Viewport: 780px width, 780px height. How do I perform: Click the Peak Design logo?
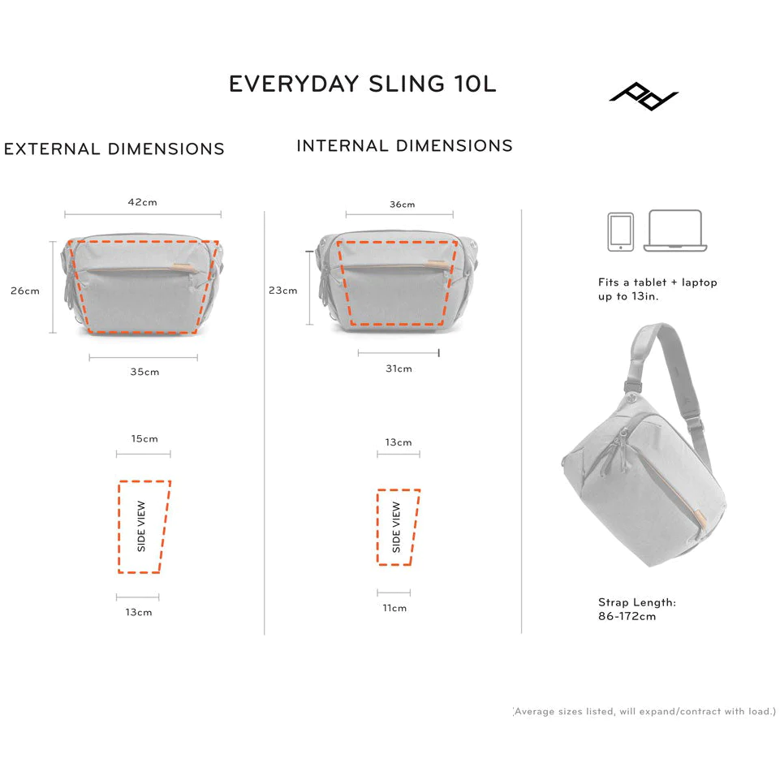[x=644, y=96]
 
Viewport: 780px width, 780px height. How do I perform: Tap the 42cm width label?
[x=142, y=202]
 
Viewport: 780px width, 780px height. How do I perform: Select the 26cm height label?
[x=25, y=291]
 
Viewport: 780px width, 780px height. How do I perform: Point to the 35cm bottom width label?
[x=144, y=372]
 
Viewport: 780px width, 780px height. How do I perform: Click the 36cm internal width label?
[x=402, y=205]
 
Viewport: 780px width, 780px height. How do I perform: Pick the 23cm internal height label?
[x=283, y=291]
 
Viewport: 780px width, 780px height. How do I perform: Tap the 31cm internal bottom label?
[x=399, y=368]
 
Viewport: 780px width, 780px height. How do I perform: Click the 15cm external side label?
[x=144, y=439]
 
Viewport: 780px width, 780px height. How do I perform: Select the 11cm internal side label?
[x=394, y=608]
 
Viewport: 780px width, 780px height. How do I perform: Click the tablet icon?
[x=620, y=232]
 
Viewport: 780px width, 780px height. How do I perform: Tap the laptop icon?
[x=675, y=231]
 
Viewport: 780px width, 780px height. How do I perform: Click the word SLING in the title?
[x=407, y=84]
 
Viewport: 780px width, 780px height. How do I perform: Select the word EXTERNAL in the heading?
[x=52, y=149]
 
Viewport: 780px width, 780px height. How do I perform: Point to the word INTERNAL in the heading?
[x=343, y=146]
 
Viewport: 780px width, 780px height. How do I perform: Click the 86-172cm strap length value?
[x=627, y=616]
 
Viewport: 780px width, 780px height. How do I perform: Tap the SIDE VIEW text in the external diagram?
[x=141, y=526]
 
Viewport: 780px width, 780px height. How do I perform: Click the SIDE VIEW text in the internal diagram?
[x=396, y=527]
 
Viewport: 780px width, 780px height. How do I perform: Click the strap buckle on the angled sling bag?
[x=631, y=387]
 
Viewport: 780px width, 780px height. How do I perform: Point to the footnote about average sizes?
[x=644, y=711]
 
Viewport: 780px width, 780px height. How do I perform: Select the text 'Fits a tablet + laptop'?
[x=657, y=282]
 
